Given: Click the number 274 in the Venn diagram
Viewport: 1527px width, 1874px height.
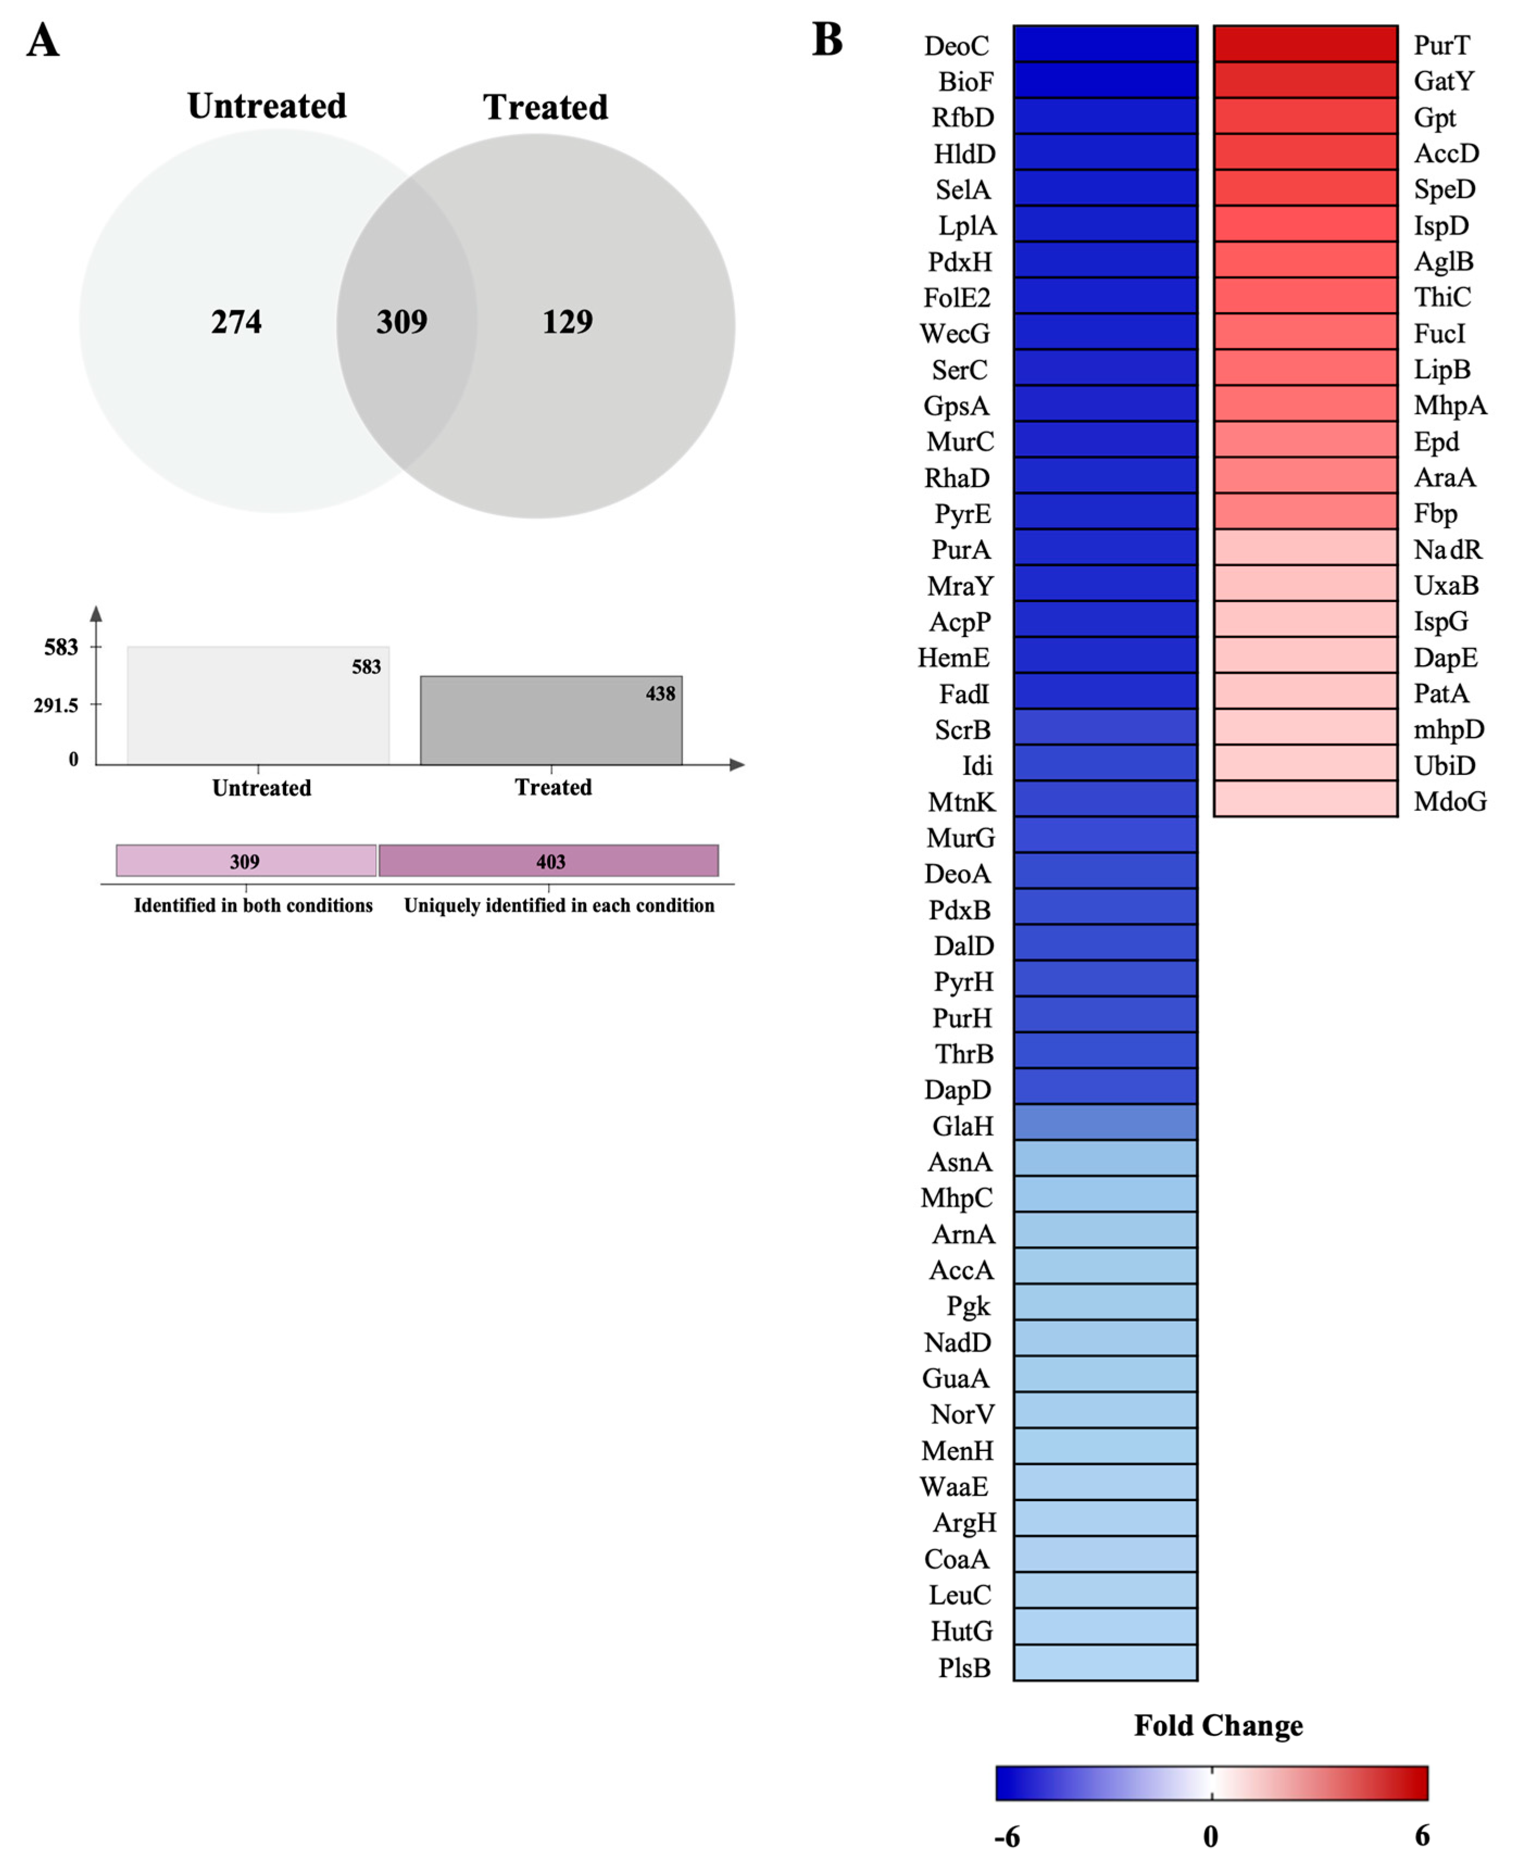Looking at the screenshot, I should pyautogui.click(x=236, y=322).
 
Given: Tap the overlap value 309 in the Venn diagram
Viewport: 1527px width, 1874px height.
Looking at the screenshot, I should pyautogui.click(x=402, y=322).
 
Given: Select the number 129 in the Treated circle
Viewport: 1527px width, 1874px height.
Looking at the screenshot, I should pyautogui.click(x=567, y=322).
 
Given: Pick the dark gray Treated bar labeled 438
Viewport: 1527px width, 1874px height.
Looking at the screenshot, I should pyautogui.click(x=551, y=721).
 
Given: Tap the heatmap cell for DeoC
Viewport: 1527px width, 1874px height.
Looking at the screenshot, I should pyautogui.click(x=1105, y=44).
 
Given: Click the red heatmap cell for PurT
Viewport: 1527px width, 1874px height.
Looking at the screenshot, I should pyautogui.click(x=1305, y=44).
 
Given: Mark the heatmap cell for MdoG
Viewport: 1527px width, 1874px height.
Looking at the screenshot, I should pyautogui.click(x=1305, y=799).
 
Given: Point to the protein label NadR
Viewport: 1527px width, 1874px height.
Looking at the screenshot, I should pyautogui.click(x=1447, y=550).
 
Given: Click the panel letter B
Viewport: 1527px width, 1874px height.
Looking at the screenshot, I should pyautogui.click(x=827, y=40).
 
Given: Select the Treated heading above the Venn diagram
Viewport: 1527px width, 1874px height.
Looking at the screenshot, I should pyautogui.click(x=545, y=107).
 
